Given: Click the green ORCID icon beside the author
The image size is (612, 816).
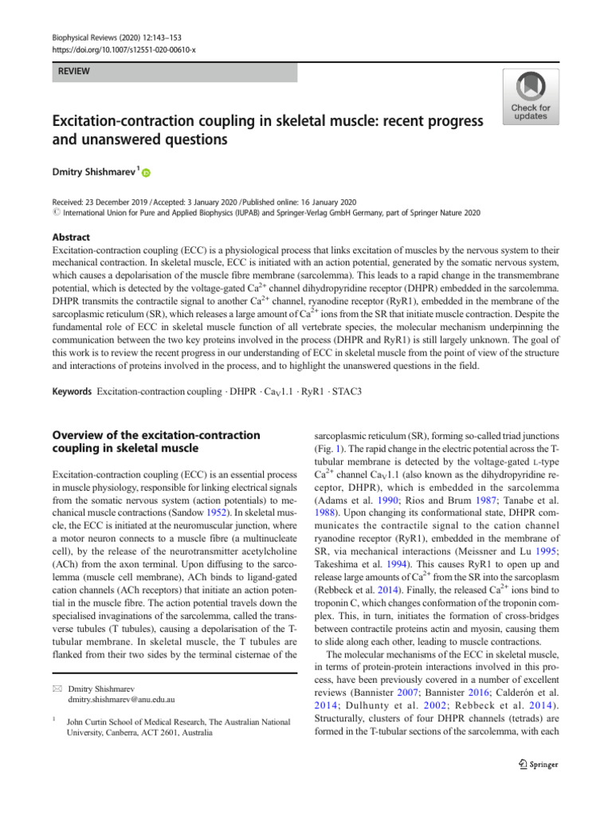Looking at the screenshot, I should click(147, 172).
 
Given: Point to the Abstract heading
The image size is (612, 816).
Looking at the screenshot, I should click(70, 237).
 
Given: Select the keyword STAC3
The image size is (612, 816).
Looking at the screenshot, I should click(348, 393).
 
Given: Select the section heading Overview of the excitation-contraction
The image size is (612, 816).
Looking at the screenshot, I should click(155, 435).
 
